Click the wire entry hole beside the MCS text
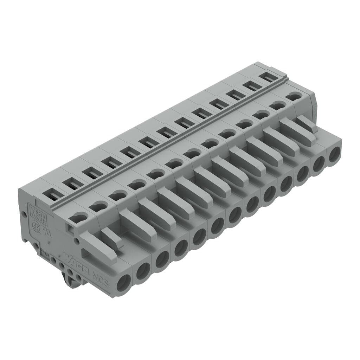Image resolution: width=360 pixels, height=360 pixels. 124,282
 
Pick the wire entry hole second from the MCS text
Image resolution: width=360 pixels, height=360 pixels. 143,271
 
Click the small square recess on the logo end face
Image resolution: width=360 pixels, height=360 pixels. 70,230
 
